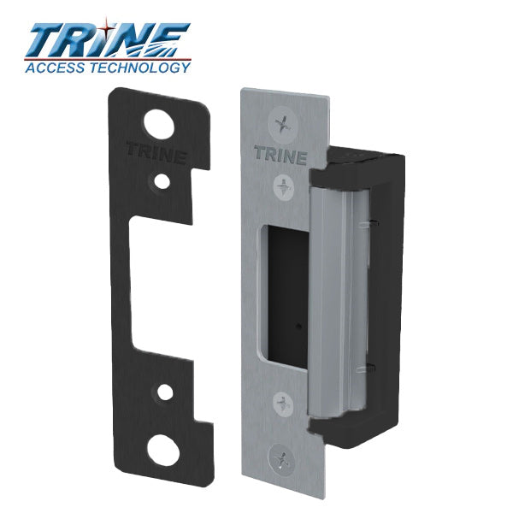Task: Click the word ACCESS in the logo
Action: pyautogui.click(x=52, y=68)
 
